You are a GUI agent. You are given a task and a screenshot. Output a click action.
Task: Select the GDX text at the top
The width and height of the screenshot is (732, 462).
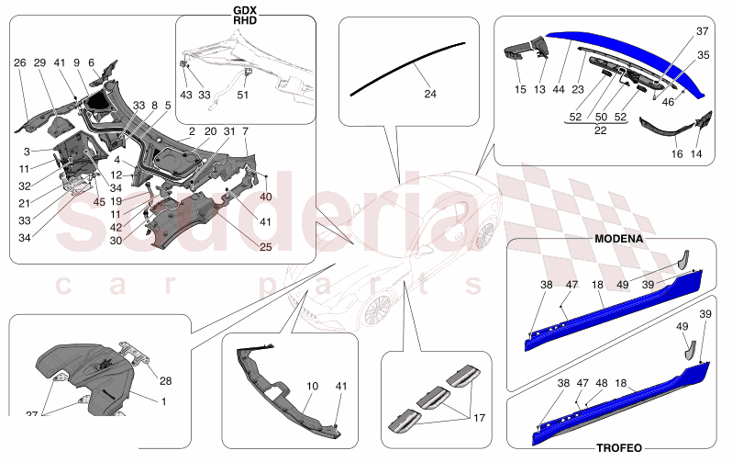click(x=245, y=10)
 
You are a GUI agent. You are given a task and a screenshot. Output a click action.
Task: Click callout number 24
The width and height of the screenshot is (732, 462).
click(x=430, y=94)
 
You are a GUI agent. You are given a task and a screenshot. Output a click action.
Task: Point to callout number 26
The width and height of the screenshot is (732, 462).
click(x=19, y=62)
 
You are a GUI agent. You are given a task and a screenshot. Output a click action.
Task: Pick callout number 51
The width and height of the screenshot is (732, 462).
click(x=243, y=94)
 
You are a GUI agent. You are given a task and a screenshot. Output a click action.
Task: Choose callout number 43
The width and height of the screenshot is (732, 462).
click(x=185, y=94)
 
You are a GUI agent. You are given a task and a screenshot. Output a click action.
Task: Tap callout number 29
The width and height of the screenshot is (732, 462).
click(x=40, y=62)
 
